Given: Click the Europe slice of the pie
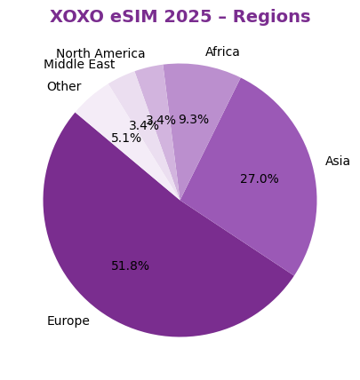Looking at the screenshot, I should [133, 257].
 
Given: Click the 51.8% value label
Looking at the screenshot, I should [130, 265].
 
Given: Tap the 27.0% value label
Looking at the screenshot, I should [259, 178].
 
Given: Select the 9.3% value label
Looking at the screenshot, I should [193, 119].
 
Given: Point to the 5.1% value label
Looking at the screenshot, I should [125, 138].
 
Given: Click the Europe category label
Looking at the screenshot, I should [68, 321].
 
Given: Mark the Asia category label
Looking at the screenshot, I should [337, 161].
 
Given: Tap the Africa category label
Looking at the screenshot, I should [222, 51].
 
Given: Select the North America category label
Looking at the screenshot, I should [100, 53].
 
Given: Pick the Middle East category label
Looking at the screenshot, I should [79, 64].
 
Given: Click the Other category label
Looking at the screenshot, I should [63, 86].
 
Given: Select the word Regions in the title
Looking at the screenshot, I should [276, 17].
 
